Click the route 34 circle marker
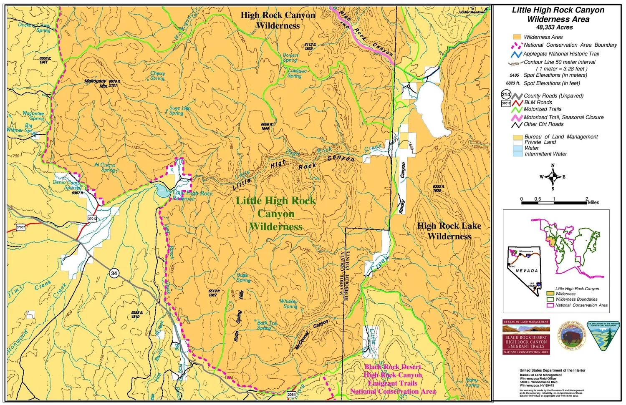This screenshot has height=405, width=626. [114, 273]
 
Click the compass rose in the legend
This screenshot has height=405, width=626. [553, 177]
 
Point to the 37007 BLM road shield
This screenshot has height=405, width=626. [20, 227]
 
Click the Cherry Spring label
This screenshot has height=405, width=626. [157, 75]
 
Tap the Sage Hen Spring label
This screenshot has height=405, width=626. [179, 111]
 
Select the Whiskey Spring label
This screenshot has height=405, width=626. [289, 304]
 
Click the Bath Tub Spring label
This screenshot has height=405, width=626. [266, 325]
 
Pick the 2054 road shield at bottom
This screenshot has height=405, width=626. [291, 394]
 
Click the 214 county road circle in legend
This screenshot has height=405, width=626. [506, 95]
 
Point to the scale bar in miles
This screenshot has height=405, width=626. [554, 203]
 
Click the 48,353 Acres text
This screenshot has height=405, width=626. [554, 28]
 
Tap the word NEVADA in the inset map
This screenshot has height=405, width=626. [527, 271]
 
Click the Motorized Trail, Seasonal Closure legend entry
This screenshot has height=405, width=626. [563, 117]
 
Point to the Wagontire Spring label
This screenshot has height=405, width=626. [33, 116]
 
